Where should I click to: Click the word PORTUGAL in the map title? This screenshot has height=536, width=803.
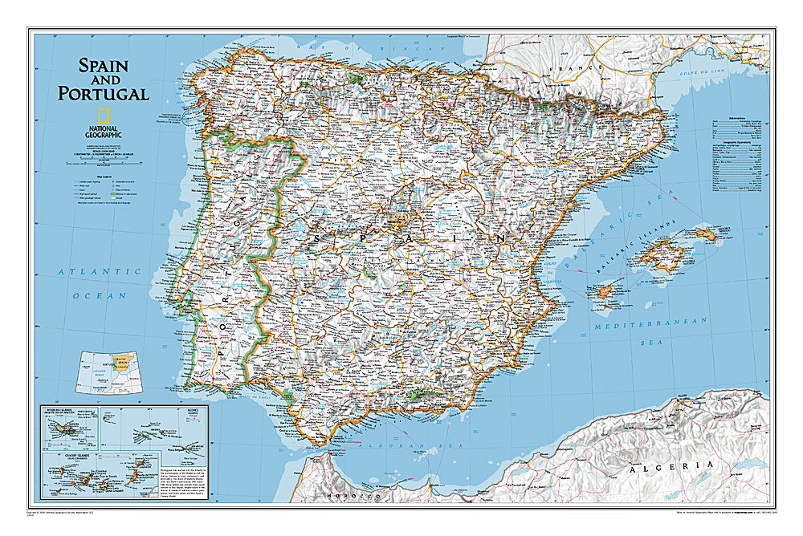pos(103,93)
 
